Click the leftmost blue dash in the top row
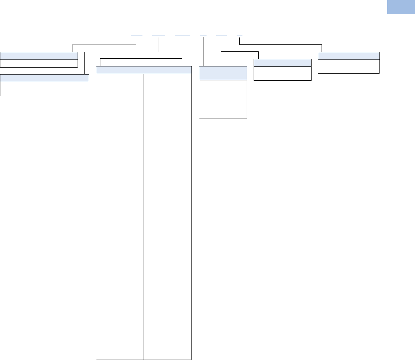(137, 36)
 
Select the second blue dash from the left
(159, 36)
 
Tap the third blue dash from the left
(182, 36)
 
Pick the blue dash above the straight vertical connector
(203, 36)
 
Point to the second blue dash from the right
(221, 36)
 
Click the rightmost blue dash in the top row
(239, 36)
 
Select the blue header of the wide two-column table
(144, 70)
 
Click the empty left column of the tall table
(120, 216)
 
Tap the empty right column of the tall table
(168, 216)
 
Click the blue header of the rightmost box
(348, 55)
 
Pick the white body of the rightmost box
(348, 66)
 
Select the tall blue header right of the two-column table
(223, 73)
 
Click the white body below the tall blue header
(223, 99)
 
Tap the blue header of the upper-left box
(39, 55)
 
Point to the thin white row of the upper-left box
(39, 63)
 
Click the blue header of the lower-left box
(44, 78)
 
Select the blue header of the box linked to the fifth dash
(282, 63)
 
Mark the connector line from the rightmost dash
(282, 45)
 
